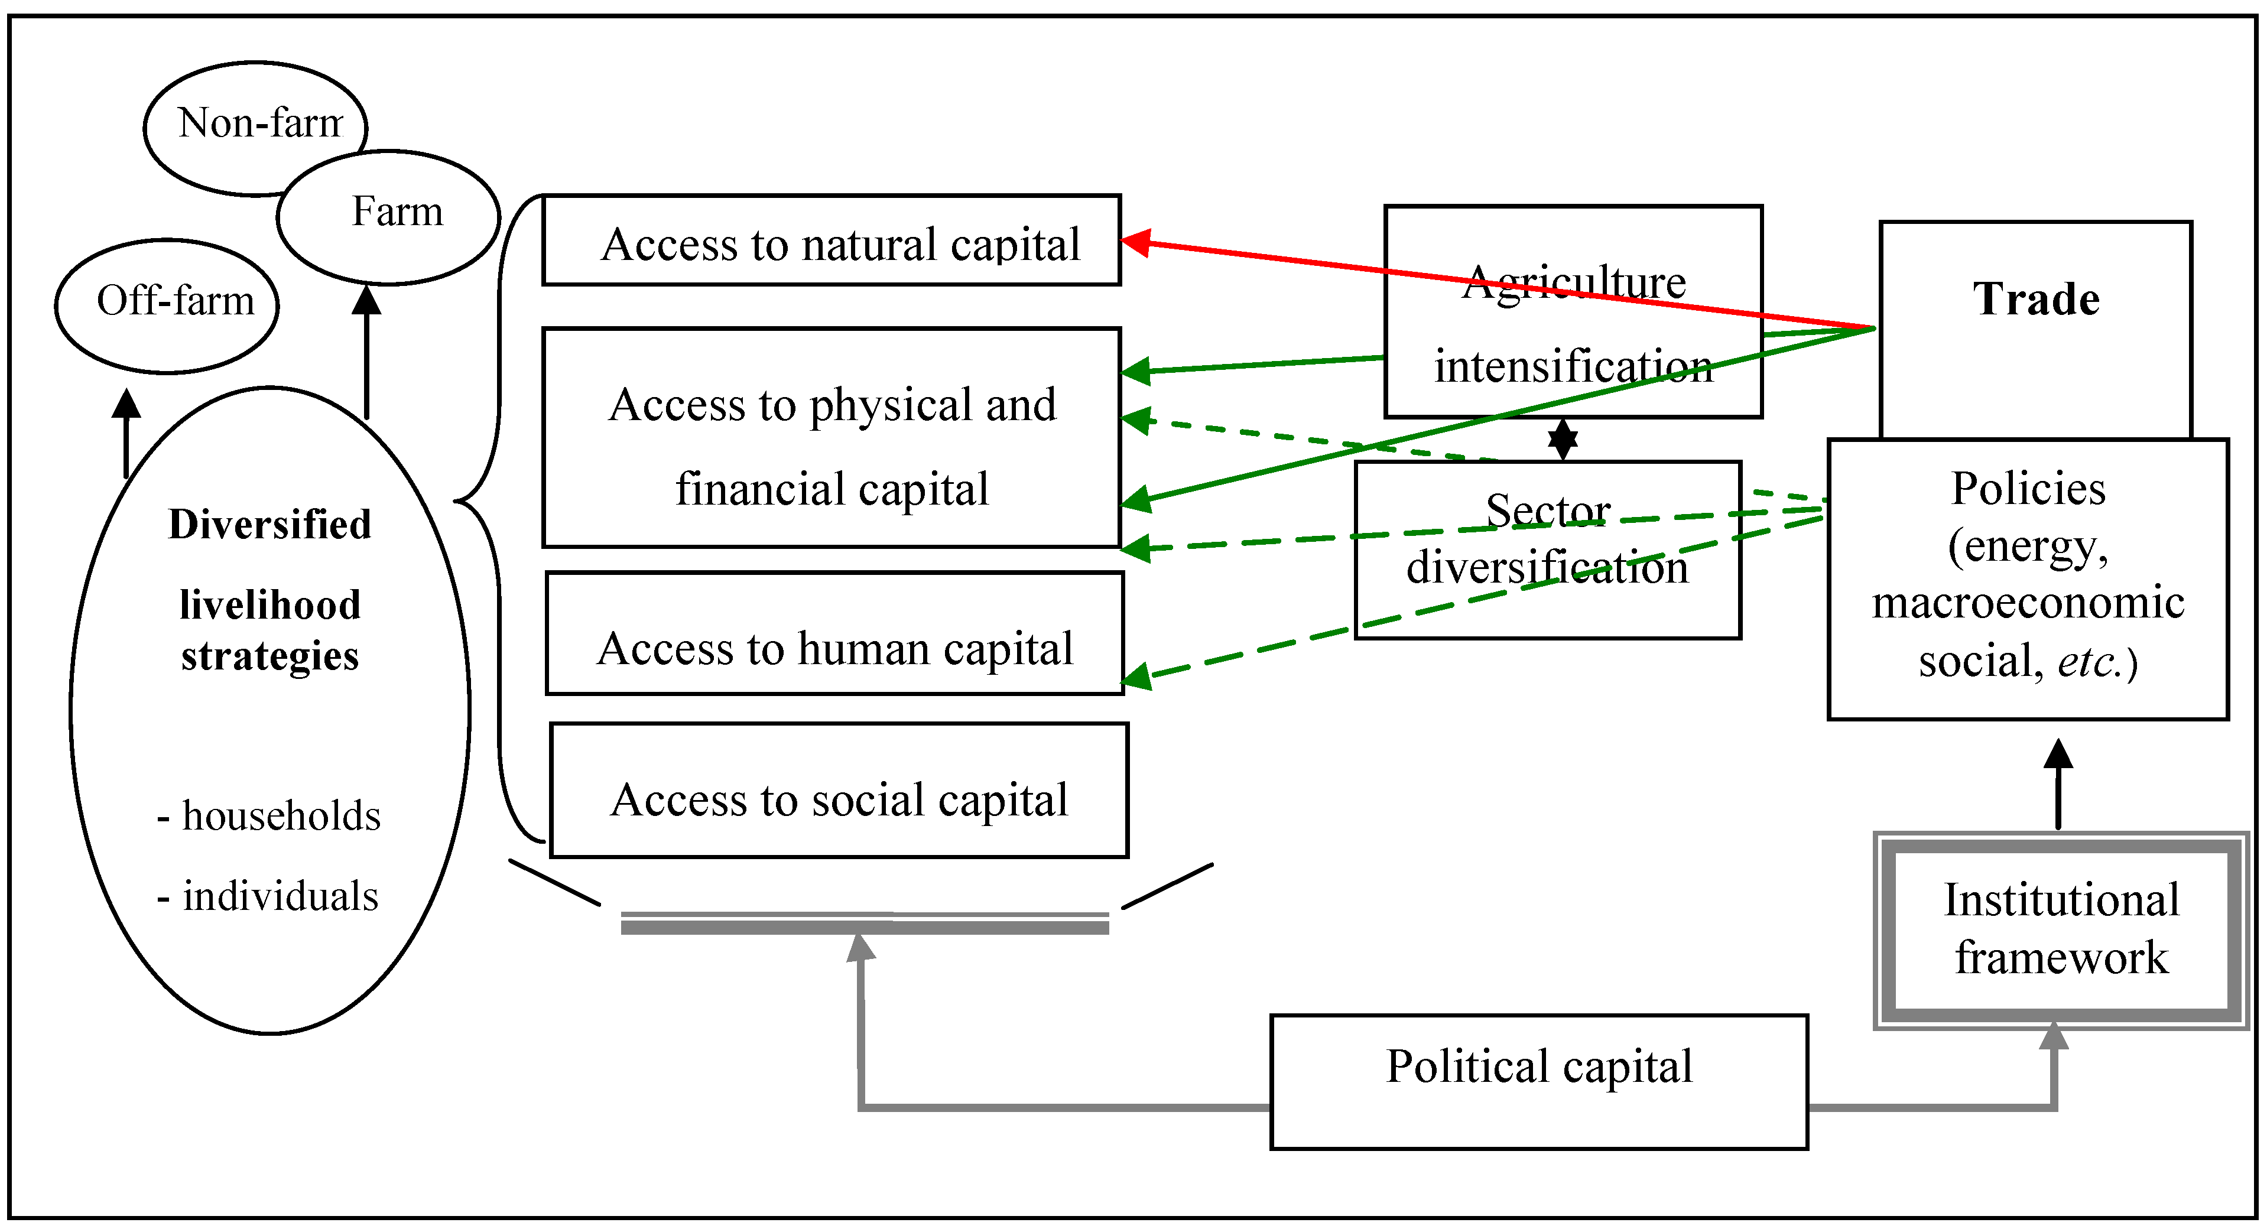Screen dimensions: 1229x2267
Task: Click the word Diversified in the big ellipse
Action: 269,524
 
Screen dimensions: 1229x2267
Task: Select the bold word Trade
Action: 2035,299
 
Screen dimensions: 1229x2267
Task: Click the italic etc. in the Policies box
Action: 2091,662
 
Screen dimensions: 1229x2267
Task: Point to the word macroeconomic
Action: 2028,603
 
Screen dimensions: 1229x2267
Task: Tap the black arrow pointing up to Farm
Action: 366,352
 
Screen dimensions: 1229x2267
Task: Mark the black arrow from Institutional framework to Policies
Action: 2058,783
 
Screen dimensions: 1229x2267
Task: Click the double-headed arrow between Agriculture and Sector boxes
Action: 1563,439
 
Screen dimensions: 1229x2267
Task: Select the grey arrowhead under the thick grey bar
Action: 860,948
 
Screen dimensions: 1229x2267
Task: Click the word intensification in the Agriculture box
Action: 1574,366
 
